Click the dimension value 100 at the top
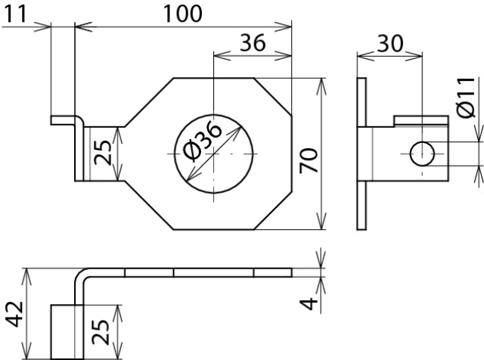click(x=182, y=14)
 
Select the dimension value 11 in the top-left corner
click(x=15, y=14)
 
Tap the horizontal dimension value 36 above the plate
click(x=253, y=42)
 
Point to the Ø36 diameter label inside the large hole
click(x=202, y=141)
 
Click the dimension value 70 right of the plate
click(x=309, y=160)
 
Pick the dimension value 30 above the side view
click(x=390, y=43)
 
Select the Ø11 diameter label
click(x=466, y=98)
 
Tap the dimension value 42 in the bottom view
click(x=15, y=314)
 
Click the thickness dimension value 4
click(x=309, y=303)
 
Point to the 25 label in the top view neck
click(x=103, y=153)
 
